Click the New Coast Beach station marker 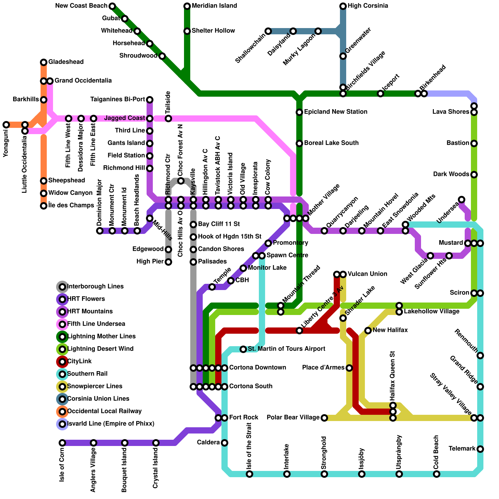tap(112, 6)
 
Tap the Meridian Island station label tap(214, 6)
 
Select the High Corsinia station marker tap(343, 6)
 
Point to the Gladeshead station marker tap(44, 62)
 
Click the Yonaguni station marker tap(6, 125)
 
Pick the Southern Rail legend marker tap(62, 374)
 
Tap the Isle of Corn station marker tap(62, 443)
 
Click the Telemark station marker tap(480, 449)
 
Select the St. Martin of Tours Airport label tap(286, 349)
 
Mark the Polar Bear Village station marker tap(324, 418)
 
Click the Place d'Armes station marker tap(349, 368)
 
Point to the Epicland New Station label tap(336, 112)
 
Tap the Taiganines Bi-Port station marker tap(150, 99)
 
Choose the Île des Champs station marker tap(44, 206)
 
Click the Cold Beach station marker tap(437, 474)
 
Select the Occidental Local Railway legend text tap(104, 411)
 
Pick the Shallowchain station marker tap(268, 31)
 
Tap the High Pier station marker tap(168, 262)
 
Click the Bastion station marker tap(474, 143)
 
